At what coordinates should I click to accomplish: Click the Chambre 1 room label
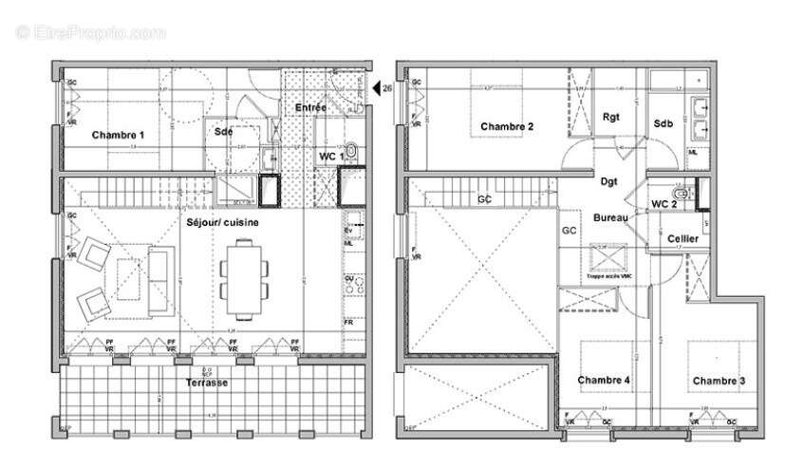(x=118, y=136)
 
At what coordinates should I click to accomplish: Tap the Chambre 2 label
(x=506, y=126)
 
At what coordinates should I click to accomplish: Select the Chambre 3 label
(x=719, y=381)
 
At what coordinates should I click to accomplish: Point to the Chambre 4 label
(x=605, y=381)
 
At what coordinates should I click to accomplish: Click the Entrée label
(x=310, y=108)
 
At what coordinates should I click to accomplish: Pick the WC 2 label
(x=664, y=203)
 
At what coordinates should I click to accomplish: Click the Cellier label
(x=683, y=238)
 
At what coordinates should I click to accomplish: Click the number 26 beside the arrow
(x=388, y=88)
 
